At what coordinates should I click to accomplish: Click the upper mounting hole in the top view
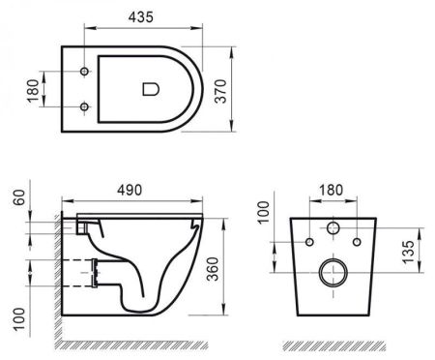coord(86,72)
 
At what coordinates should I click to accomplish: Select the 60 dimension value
coord(16,199)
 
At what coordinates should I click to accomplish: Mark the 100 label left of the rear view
coord(262,211)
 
